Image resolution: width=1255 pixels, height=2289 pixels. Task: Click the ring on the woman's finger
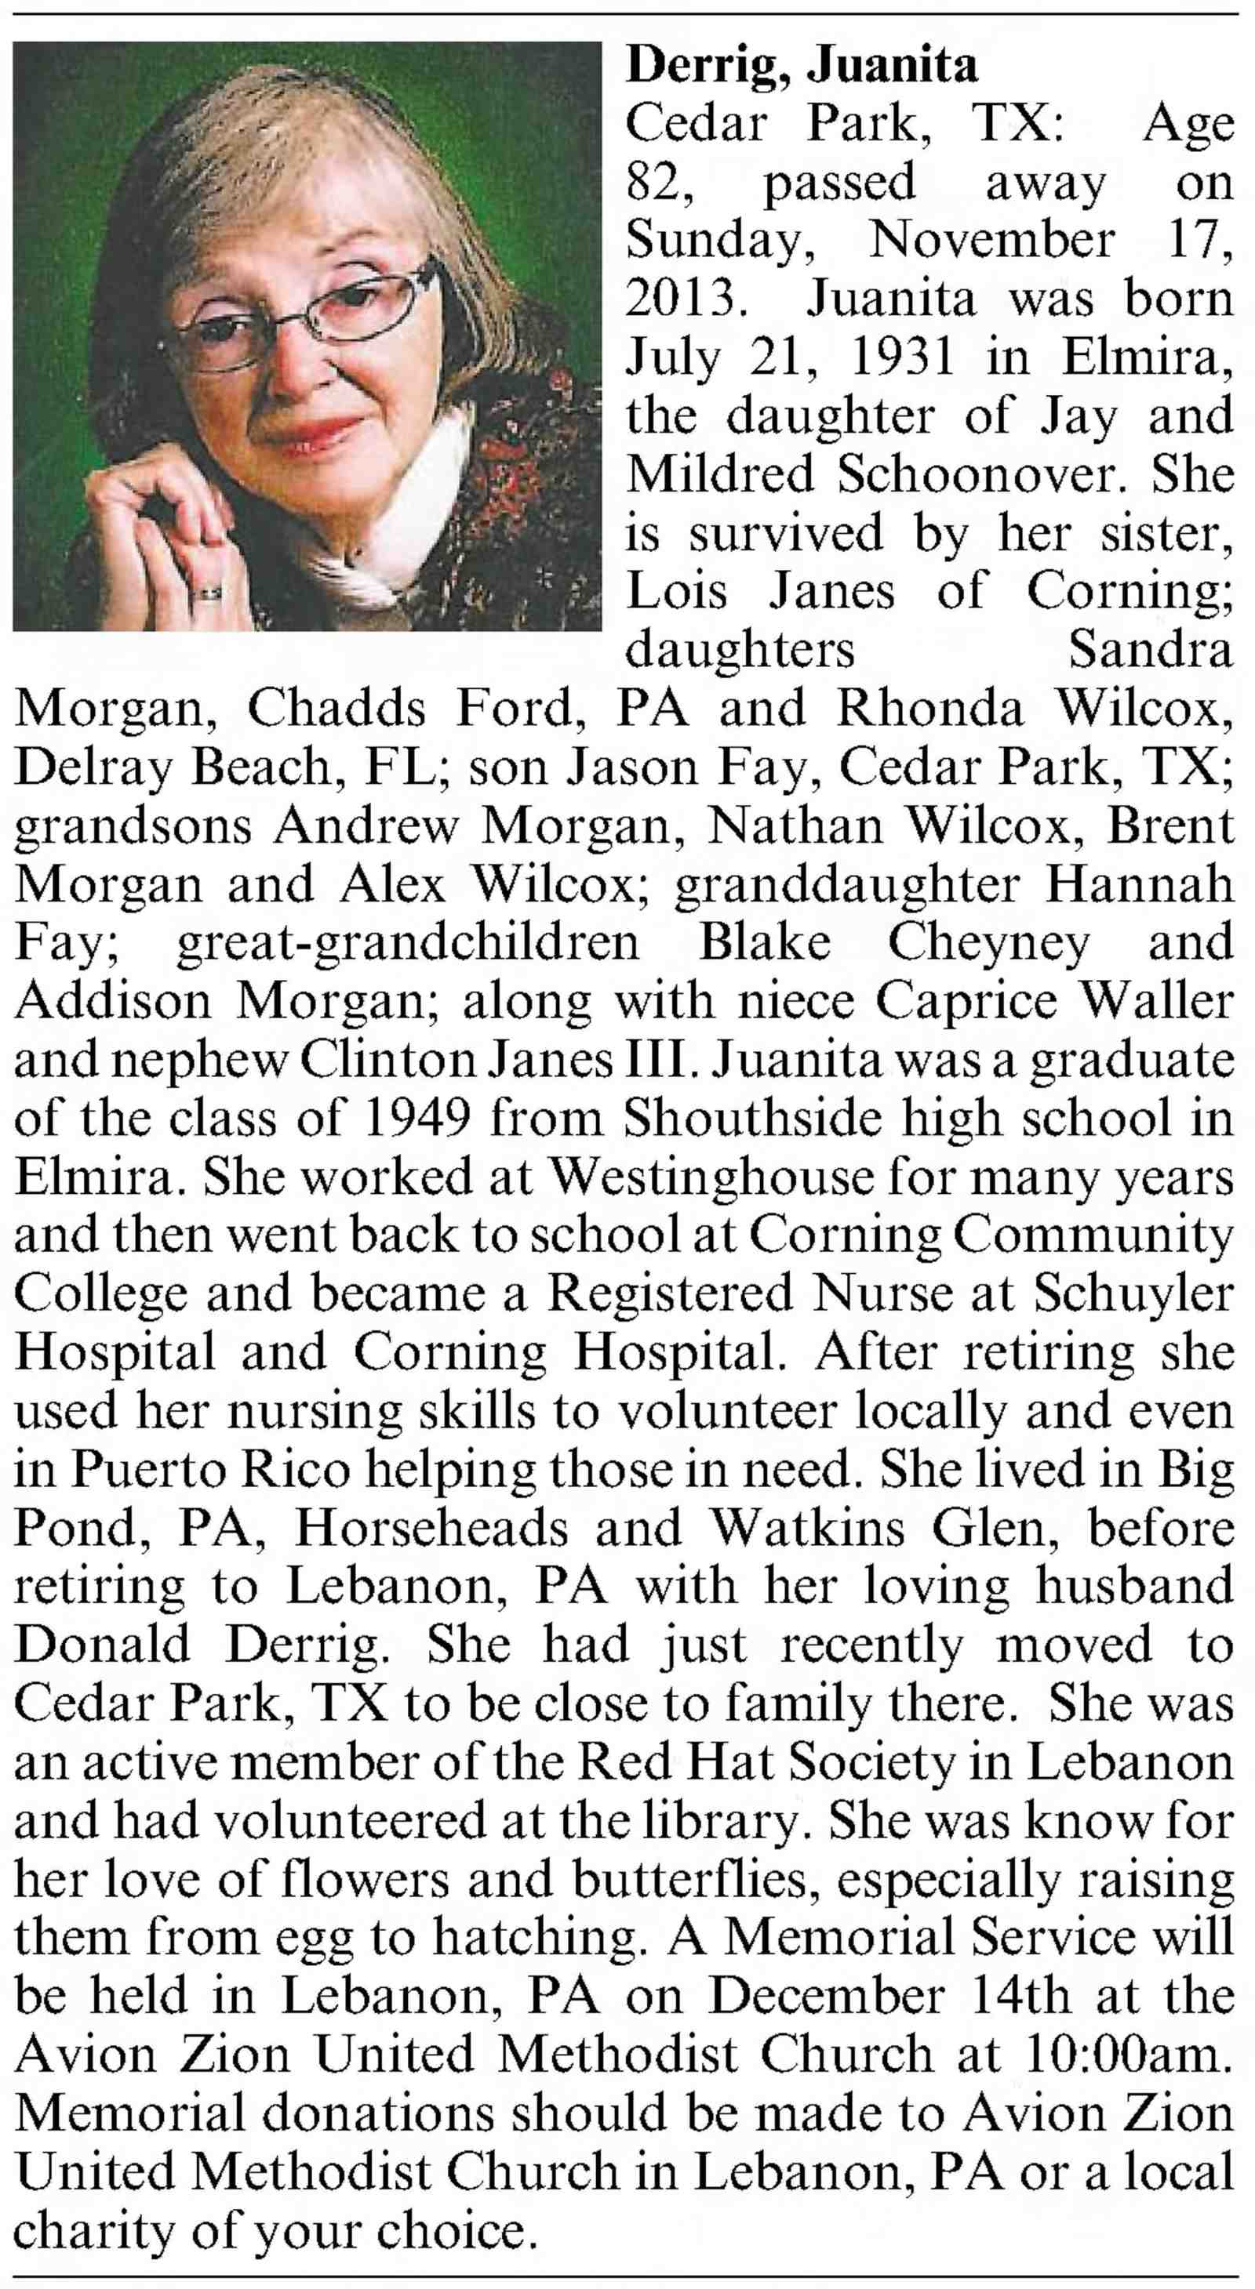(209, 592)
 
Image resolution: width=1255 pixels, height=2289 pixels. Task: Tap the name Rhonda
(929, 708)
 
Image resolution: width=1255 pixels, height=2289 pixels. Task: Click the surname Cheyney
(988, 943)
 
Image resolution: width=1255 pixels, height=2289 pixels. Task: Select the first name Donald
(101, 1645)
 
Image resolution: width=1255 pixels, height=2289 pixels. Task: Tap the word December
(826, 1997)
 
